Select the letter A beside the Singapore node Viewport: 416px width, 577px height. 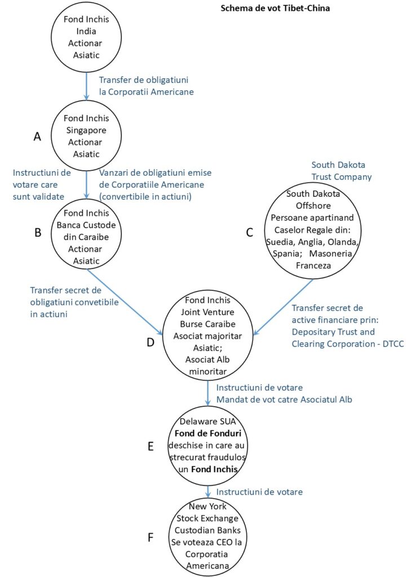click(38, 136)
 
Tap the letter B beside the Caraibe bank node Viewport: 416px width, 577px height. click(38, 232)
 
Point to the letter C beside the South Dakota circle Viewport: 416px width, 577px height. click(249, 232)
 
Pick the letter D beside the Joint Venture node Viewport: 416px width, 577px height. click(151, 341)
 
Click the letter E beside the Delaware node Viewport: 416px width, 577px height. click(151, 446)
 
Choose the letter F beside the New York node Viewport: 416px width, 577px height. click(151, 537)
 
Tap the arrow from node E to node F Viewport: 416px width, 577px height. click(208, 491)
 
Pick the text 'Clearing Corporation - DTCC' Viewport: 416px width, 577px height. click(348, 343)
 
